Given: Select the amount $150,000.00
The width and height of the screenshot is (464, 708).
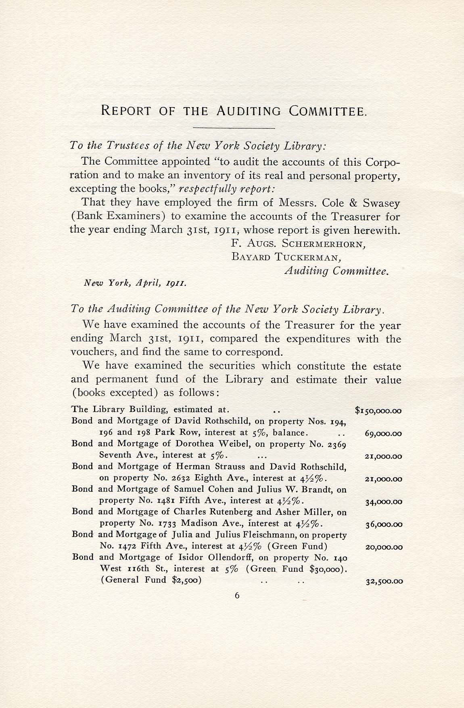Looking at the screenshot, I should click(378, 411).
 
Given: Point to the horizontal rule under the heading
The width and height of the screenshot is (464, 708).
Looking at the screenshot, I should click(234, 129).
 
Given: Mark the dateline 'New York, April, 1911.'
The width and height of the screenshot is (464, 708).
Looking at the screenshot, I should click(134, 284).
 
